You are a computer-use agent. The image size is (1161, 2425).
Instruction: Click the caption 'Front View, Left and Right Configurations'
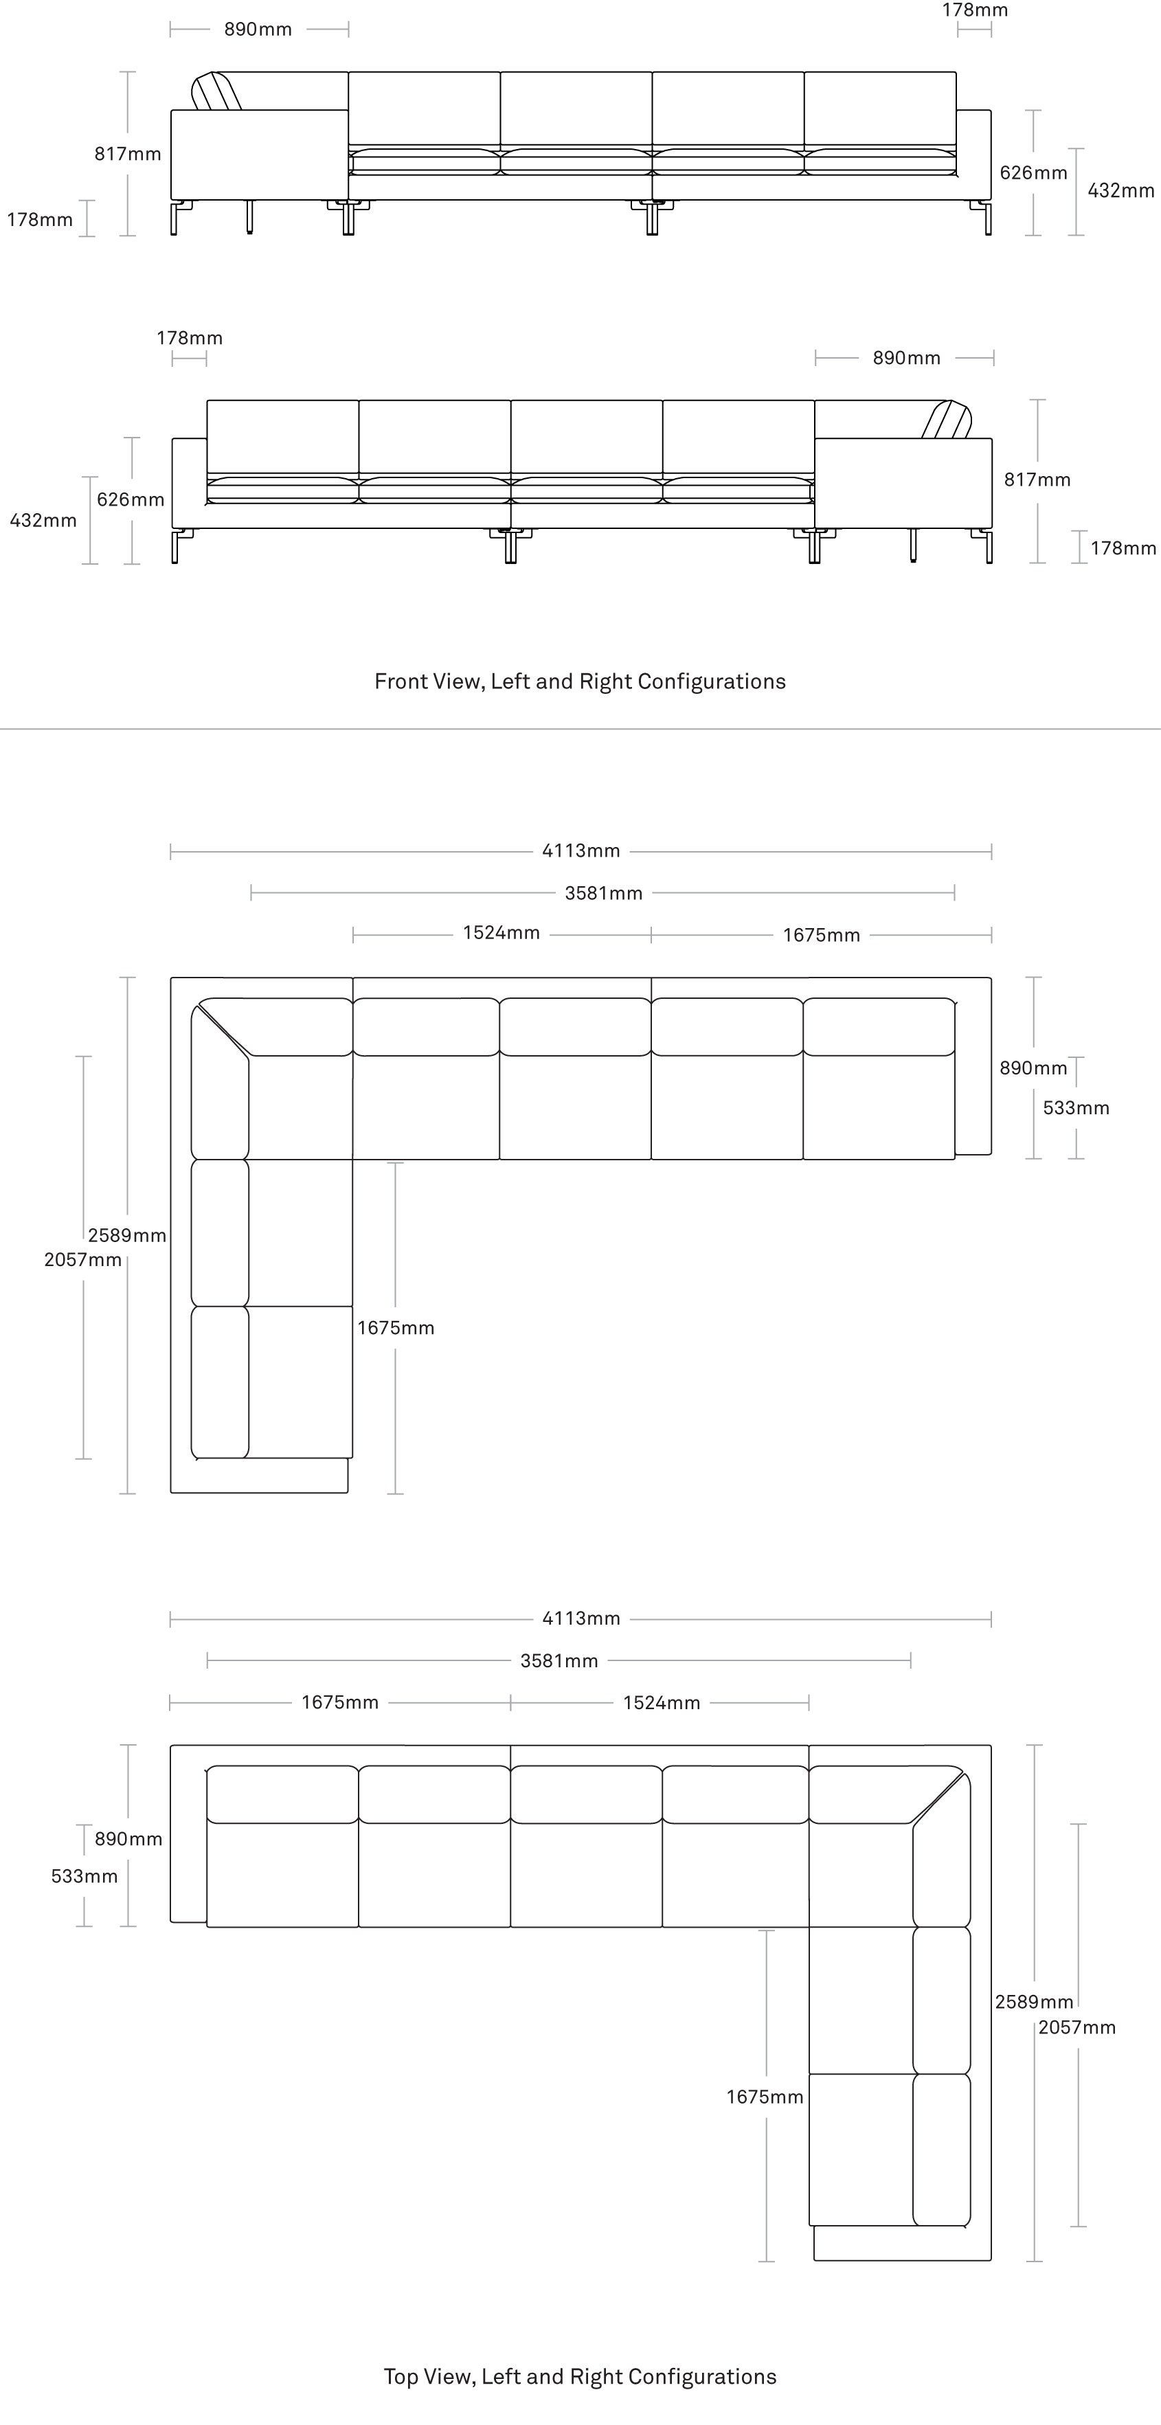pos(580,681)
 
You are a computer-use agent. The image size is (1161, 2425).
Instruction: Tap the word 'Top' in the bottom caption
pos(401,2377)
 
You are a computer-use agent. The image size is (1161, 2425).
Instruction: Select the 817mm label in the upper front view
pos(128,153)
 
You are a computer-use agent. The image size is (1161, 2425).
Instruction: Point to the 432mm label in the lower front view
pos(43,521)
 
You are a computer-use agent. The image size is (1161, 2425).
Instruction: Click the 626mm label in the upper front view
pos(1034,172)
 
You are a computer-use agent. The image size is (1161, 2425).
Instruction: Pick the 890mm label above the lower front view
pos(907,358)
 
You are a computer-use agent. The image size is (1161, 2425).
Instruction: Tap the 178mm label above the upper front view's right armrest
pos(976,10)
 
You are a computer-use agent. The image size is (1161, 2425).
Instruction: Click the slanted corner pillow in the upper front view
pos(216,91)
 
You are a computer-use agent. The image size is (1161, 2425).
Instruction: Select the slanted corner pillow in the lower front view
pos(946,420)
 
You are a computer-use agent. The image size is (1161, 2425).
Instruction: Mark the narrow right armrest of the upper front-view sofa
pos(973,155)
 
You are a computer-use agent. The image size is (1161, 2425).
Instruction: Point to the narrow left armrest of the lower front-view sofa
pos(189,483)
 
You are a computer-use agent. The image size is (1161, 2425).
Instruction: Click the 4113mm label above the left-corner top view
pos(581,851)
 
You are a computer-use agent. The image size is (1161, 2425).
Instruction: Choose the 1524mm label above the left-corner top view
pos(501,933)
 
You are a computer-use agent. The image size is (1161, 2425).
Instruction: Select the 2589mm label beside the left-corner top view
pos(127,1235)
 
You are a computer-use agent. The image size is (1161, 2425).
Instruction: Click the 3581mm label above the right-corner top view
pos(559,1660)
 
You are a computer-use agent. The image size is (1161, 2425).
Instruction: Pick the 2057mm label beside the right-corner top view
pos(1077,2028)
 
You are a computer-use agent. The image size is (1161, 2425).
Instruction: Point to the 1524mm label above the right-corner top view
pos(662,1703)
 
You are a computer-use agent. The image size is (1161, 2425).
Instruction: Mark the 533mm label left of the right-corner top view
pos(84,1876)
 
